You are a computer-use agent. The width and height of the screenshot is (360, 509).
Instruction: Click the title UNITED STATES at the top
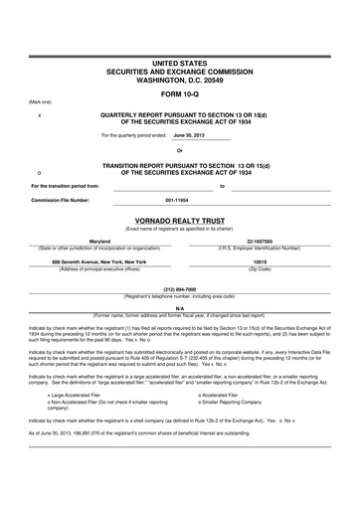pos(180,63)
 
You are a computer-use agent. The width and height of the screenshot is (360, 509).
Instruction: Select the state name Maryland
pos(99,242)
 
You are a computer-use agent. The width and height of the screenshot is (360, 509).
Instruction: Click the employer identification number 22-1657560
pos(261,242)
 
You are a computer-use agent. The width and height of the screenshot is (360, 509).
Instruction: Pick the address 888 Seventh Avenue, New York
pos(99,261)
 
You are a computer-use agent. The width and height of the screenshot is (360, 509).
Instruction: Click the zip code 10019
pos(261,261)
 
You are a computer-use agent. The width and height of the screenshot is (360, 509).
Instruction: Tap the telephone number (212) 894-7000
pos(180,290)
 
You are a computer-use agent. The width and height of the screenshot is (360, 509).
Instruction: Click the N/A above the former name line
pos(180,308)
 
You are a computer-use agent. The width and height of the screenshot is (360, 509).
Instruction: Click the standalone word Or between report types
pos(180,150)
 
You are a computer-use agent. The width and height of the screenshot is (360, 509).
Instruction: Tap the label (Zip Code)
pos(261,269)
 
